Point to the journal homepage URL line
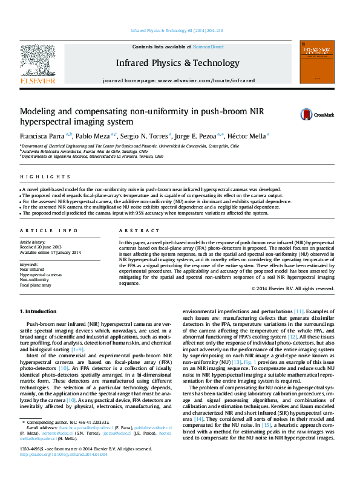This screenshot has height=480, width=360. pyautogui.click(x=179, y=80)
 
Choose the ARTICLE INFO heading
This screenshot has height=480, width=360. pyautogui.click(x=49, y=231)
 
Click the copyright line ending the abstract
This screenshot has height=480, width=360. pyautogui.click(x=292, y=289)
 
